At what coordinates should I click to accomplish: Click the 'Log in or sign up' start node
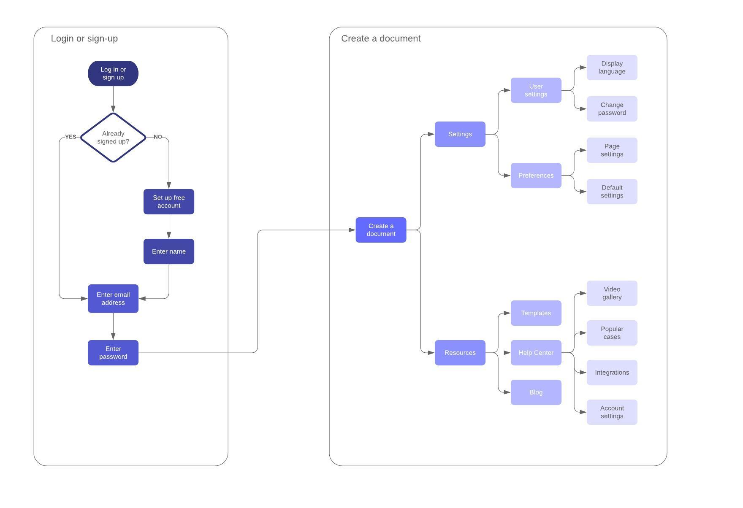pyautogui.click(x=113, y=73)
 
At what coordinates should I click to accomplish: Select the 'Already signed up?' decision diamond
pyautogui.click(x=113, y=138)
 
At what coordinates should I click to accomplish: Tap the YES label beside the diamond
pyautogui.click(x=71, y=137)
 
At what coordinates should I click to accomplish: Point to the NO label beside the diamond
pyautogui.click(x=158, y=137)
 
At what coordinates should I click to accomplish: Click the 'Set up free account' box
pyautogui.click(x=169, y=202)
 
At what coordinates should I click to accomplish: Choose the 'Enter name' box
pyautogui.click(x=169, y=251)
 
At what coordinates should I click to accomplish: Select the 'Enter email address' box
pyautogui.click(x=113, y=299)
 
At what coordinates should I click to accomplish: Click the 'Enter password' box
pyautogui.click(x=113, y=353)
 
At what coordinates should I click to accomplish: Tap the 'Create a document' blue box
pyautogui.click(x=381, y=230)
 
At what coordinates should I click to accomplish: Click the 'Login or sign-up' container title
pyautogui.click(x=84, y=38)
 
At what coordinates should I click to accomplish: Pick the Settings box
pyautogui.click(x=460, y=134)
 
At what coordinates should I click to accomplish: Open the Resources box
pyautogui.click(x=460, y=353)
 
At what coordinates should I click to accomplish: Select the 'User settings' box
pyautogui.click(x=536, y=90)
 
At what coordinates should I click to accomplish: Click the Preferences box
pyautogui.click(x=536, y=176)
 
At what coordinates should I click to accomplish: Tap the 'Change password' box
pyautogui.click(x=612, y=109)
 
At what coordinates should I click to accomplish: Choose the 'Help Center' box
pyautogui.click(x=536, y=353)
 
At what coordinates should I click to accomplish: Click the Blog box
pyautogui.click(x=536, y=392)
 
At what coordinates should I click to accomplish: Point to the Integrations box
pyautogui.click(x=612, y=373)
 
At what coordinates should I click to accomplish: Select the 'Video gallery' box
pyautogui.click(x=612, y=293)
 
